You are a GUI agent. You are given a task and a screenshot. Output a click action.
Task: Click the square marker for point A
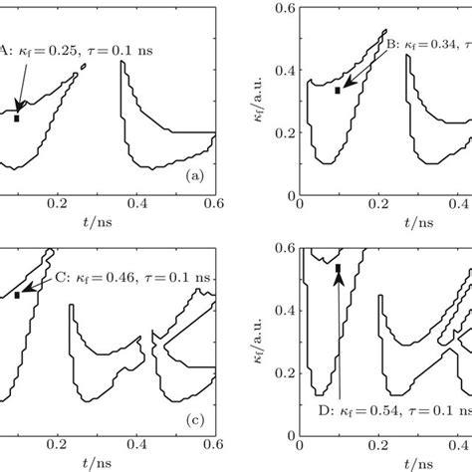17,118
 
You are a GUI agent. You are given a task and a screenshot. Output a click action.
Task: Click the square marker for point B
338,91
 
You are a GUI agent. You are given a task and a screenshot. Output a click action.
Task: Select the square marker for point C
17,295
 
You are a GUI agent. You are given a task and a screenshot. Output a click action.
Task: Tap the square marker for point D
338,268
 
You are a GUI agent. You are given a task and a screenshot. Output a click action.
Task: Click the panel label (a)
195,175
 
